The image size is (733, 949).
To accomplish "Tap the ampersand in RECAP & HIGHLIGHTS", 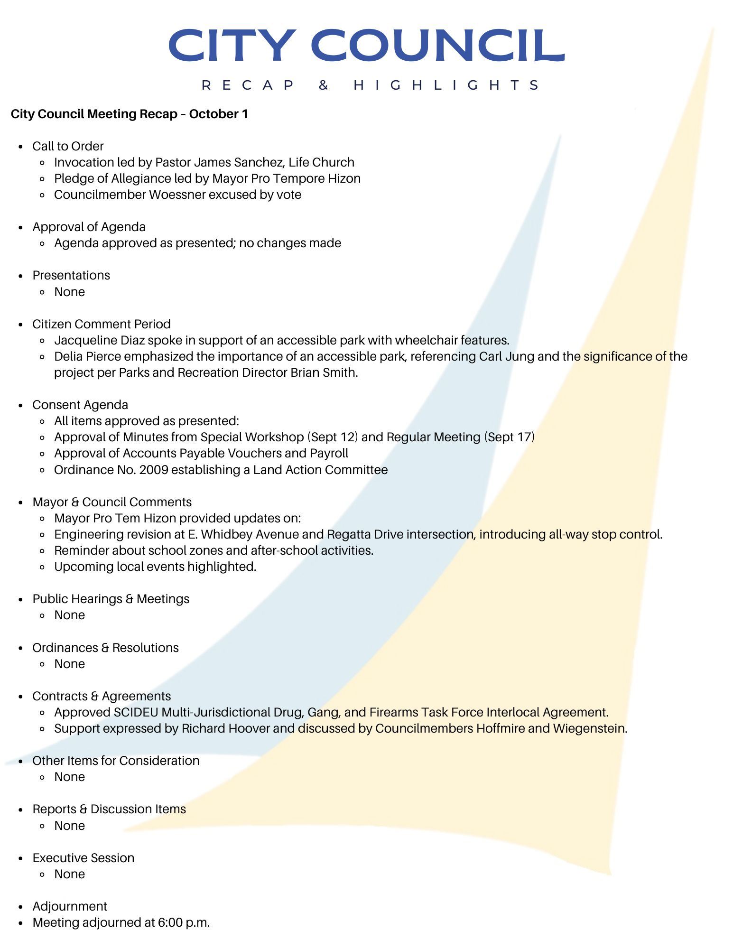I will click(x=324, y=85).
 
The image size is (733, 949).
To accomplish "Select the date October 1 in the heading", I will click(x=218, y=114).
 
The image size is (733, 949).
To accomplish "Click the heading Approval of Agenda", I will click(x=89, y=227).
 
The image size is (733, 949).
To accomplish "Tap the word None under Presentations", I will click(x=69, y=292).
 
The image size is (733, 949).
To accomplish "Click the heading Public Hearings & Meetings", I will click(x=111, y=599).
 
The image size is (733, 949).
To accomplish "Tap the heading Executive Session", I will click(x=83, y=858).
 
